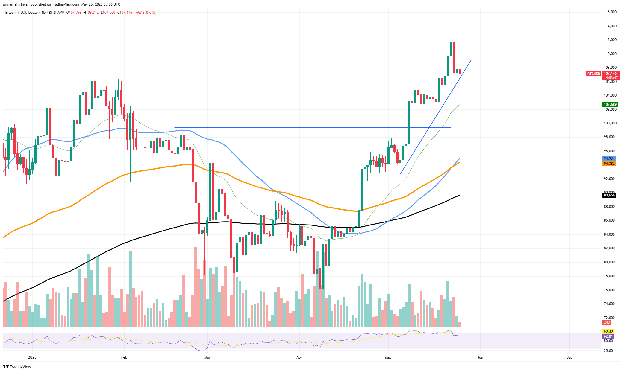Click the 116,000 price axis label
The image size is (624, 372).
610,12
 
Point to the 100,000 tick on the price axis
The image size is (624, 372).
610,123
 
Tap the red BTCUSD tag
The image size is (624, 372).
593,74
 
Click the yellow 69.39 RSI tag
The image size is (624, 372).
608,331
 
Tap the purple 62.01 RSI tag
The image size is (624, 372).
608,336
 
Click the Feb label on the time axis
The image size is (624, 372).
124,357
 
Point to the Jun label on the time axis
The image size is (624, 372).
480,357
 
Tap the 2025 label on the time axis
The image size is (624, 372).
32,357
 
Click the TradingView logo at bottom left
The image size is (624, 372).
17,367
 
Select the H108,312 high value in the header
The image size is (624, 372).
91,13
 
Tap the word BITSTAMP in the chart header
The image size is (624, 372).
56,13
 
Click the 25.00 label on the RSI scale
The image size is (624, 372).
608,351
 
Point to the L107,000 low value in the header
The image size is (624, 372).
108,13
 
